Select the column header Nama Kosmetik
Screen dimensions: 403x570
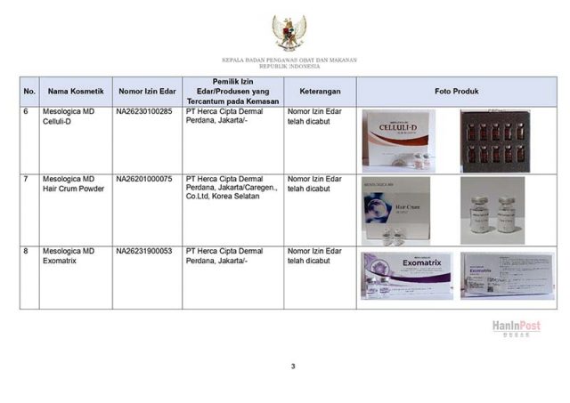pos(76,92)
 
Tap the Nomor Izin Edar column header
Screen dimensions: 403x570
pos(147,92)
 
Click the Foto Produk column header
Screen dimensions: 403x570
pos(456,92)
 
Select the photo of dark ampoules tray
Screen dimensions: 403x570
pos(494,141)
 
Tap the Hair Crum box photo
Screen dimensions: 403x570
pos(396,211)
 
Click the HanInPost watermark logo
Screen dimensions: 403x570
pos(516,327)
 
